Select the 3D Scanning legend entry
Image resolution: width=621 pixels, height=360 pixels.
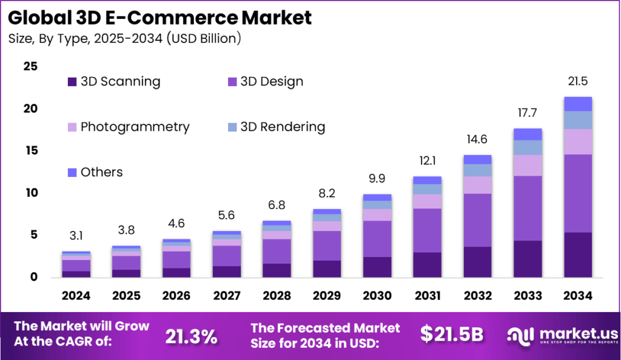click(x=114, y=81)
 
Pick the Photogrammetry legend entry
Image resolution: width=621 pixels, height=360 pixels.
click(x=129, y=127)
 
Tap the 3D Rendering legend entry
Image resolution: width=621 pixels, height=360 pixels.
click(x=276, y=127)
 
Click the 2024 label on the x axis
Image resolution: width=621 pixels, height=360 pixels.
click(x=76, y=296)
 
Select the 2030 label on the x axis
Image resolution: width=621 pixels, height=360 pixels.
click(x=377, y=296)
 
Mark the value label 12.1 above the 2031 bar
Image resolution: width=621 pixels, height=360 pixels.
click(x=427, y=162)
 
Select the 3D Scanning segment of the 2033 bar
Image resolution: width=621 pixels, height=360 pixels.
click(x=527, y=259)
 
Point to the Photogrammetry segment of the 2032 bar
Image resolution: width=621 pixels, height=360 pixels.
click(x=477, y=185)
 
